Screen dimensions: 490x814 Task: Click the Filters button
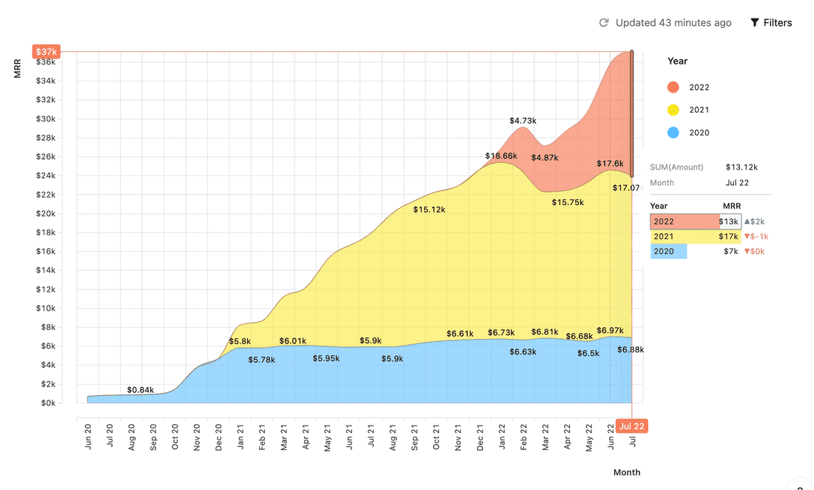coord(771,23)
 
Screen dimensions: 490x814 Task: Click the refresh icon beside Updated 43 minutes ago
coord(604,23)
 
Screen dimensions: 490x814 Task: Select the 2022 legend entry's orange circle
coord(673,87)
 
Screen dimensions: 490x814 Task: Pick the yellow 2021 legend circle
coord(673,110)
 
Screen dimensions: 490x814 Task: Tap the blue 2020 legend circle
coord(673,133)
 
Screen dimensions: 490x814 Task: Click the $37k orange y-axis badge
coord(46,52)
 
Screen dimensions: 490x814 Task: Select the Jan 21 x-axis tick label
coord(241,437)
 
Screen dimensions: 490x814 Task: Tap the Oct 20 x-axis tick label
coord(175,437)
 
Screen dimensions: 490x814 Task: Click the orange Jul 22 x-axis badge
coord(633,426)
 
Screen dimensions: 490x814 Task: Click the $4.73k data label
coord(522,121)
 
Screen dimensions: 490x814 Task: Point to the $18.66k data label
coord(501,156)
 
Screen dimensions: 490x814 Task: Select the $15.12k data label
coord(429,210)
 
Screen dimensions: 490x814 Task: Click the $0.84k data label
coord(141,390)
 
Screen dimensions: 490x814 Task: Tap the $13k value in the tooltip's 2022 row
coord(729,222)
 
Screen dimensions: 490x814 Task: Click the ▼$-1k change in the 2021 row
coord(756,237)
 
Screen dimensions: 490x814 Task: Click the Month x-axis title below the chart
coord(627,472)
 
